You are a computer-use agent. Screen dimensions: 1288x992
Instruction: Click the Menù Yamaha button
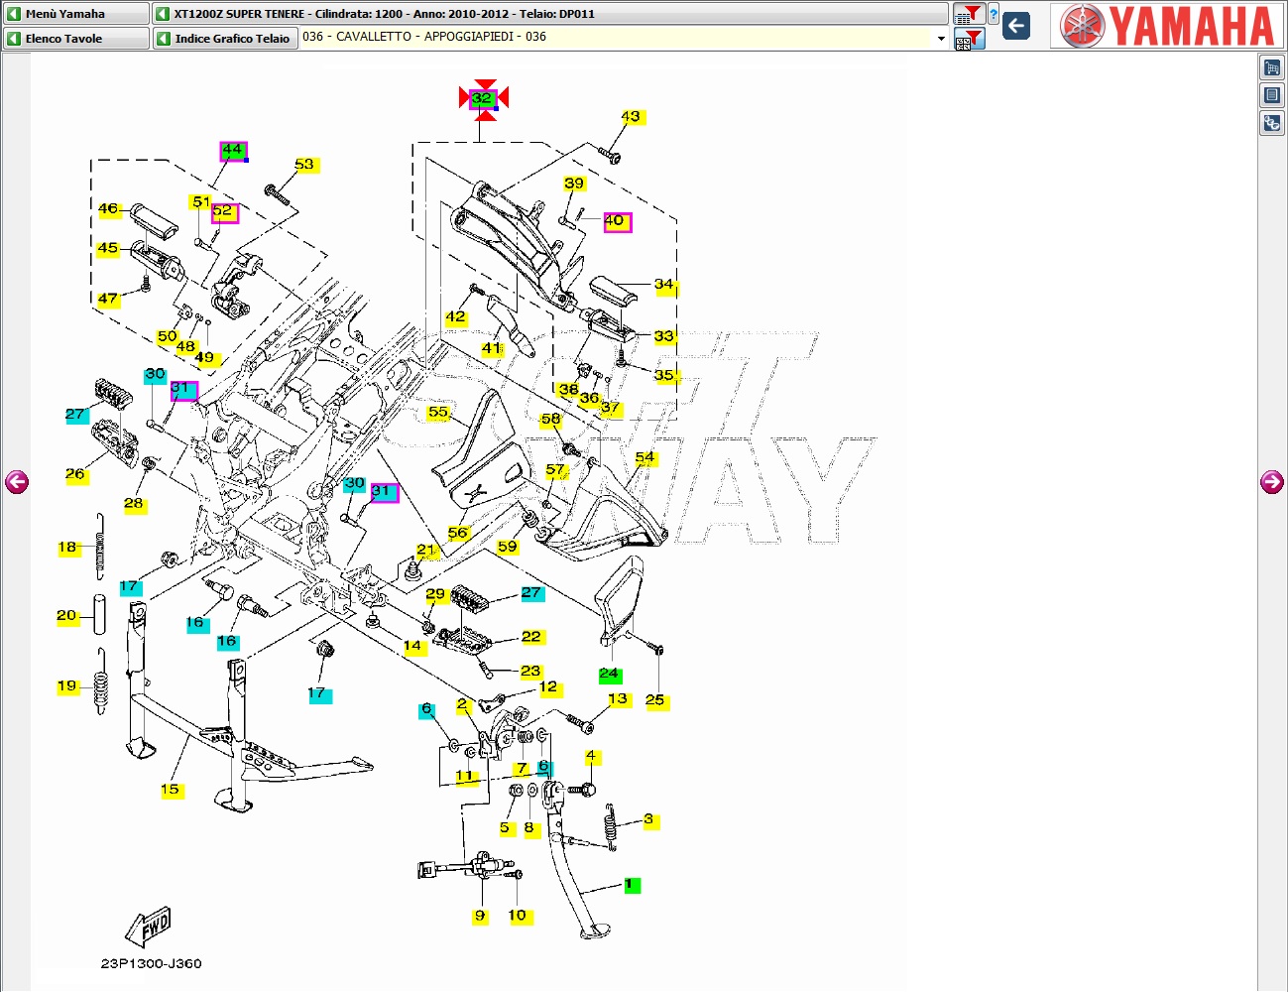(x=76, y=14)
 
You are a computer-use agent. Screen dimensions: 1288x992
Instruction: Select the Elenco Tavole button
(x=76, y=39)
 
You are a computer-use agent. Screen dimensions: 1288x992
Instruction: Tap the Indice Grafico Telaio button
(x=225, y=39)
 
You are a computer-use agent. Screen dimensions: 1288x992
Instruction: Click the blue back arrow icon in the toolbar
(x=1016, y=26)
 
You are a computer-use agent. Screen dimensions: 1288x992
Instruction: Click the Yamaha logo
(x=1166, y=26)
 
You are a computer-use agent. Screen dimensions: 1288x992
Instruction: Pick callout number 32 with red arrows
(x=483, y=99)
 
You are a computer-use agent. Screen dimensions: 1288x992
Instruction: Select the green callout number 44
(x=233, y=151)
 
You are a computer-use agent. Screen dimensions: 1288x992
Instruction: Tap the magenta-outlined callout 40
(x=617, y=222)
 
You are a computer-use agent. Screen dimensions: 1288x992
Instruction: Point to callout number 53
(x=304, y=165)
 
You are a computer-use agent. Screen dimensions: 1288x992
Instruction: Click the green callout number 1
(x=632, y=885)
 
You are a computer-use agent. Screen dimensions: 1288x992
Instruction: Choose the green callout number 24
(x=610, y=675)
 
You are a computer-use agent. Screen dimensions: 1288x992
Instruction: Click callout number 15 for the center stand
(x=171, y=790)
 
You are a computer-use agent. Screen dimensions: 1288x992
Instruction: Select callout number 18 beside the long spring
(x=68, y=548)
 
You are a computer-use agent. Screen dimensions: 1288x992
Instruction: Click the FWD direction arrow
(x=148, y=926)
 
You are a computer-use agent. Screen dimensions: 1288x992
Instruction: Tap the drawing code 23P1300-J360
(x=151, y=963)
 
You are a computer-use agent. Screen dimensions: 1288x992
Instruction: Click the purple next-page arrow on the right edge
(x=1271, y=482)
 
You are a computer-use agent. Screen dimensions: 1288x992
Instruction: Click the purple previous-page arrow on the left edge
(x=17, y=482)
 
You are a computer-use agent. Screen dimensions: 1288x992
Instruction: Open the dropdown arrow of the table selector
(x=941, y=39)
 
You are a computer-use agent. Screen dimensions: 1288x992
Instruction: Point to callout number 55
(x=438, y=413)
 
